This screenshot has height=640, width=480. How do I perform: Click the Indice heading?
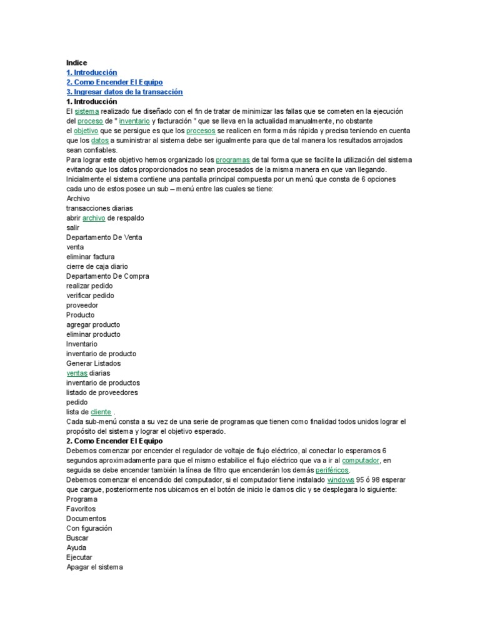click(x=76, y=62)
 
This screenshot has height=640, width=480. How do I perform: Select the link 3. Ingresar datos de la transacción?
click(x=124, y=92)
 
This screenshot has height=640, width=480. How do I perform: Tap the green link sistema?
click(x=87, y=111)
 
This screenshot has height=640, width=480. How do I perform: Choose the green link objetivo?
click(x=86, y=131)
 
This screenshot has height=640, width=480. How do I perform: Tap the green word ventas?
click(x=77, y=373)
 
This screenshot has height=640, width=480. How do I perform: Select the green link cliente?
click(x=101, y=412)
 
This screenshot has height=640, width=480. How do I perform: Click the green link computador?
click(x=361, y=461)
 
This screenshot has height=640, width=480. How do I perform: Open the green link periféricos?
click(x=332, y=470)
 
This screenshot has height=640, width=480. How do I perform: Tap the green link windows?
click(x=341, y=480)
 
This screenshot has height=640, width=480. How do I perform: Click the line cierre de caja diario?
click(x=97, y=266)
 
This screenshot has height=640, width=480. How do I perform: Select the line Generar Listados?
click(x=94, y=363)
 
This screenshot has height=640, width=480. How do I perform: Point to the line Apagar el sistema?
click(x=95, y=567)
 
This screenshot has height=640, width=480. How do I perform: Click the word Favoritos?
click(x=81, y=509)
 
